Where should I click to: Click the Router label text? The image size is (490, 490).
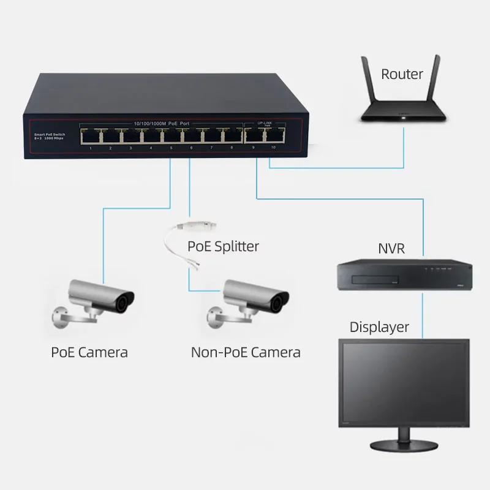click(x=402, y=74)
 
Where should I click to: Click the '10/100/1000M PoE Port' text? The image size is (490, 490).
click(x=162, y=124)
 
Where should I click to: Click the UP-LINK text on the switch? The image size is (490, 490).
click(x=265, y=123)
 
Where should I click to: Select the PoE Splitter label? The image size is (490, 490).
click(x=222, y=247)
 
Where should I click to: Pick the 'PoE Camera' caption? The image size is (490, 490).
click(x=90, y=352)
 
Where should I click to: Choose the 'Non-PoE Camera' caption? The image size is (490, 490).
click(x=246, y=352)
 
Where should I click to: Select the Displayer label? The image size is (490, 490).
click(x=379, y=326)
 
